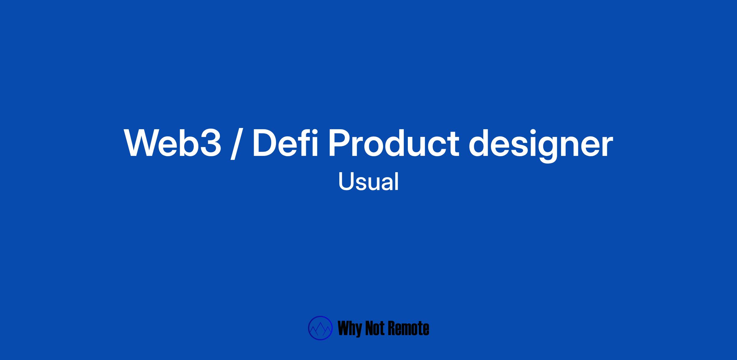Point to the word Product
[x=394, y=143]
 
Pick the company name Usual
[x=368, y=181]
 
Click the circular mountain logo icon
[x=320, y=328]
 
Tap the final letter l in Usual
[x=397, y=181]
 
